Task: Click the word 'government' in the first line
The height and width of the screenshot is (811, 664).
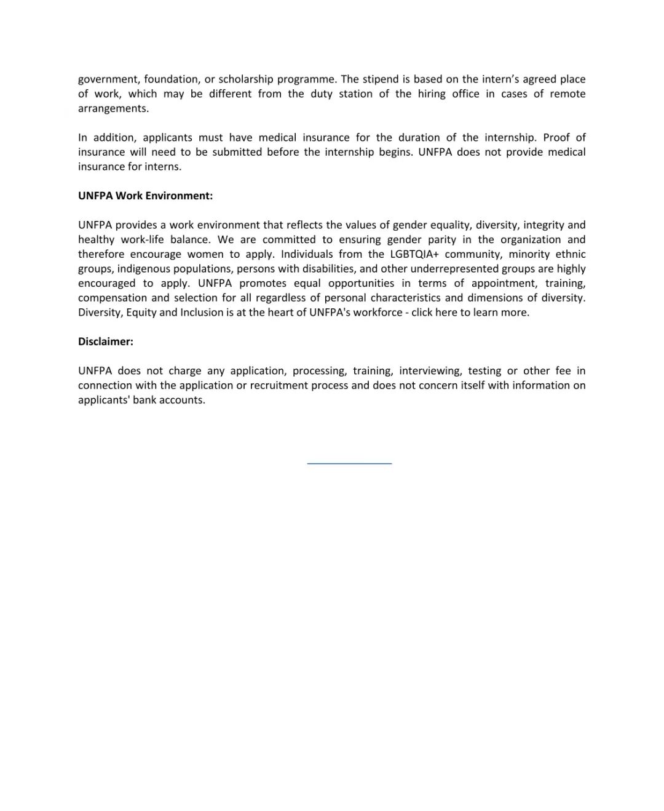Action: pyautogui.click(x=108, y=79)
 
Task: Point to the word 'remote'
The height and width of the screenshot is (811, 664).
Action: pyautogui.click(x=567, y=94)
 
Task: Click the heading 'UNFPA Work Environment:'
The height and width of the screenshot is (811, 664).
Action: pyautogui.click(x=145, y=196)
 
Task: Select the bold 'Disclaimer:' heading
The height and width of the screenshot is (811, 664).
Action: pyautogui.click(x=106, y=342)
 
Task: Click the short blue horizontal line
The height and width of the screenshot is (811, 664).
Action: pyautogui.click(x=349, y=463)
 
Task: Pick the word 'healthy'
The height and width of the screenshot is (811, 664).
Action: pyautogui.click(x=97, y=240)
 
